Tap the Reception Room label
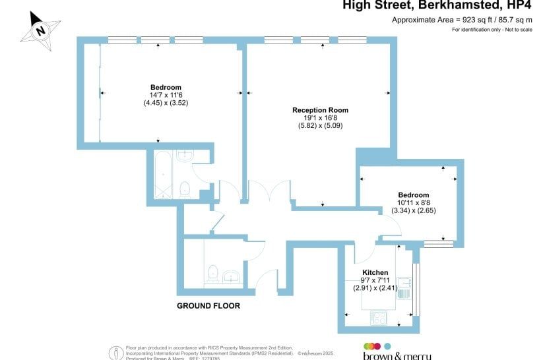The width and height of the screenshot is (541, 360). [320, 110]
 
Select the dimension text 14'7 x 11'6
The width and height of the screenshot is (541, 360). [166, 95]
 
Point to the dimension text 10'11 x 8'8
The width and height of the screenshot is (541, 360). [413, 203]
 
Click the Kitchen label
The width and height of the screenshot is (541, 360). [375, 272]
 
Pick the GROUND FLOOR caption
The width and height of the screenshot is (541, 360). [208, 307]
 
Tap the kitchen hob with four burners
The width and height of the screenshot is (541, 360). [379, 317]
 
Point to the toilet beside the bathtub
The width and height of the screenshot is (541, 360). [185, 189]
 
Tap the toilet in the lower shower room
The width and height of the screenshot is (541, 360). [212, 272]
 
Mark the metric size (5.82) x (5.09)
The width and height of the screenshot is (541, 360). [320, 125]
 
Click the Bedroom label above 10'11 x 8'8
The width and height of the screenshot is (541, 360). [413, 195]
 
